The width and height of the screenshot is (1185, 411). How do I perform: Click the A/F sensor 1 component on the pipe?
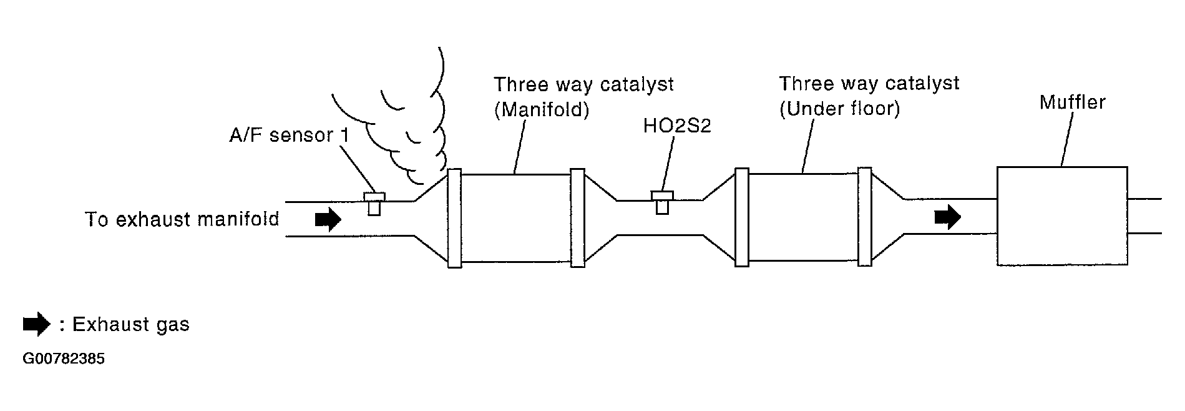374,202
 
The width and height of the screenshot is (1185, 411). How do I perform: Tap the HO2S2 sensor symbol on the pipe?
661,202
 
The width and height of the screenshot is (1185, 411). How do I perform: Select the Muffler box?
1061,216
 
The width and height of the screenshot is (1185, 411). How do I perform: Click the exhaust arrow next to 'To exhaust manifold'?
328,219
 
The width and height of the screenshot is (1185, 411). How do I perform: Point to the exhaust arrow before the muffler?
947,217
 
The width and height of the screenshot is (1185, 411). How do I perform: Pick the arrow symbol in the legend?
36,324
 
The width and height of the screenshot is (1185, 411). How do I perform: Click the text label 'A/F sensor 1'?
289,136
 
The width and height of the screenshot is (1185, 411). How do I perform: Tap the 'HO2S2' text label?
677,127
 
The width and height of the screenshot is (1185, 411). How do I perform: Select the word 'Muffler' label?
1072,102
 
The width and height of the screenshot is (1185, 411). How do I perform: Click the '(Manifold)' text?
542,110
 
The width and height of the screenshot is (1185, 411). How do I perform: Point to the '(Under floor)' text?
839,109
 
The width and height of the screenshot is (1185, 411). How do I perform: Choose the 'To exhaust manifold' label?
182,220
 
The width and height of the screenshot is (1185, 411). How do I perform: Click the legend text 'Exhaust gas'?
130,325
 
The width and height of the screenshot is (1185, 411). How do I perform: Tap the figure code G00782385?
64,359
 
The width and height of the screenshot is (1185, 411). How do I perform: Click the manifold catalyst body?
515,217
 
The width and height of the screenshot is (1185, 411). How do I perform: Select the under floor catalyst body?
802,217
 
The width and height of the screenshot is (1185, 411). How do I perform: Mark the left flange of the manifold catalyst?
454,218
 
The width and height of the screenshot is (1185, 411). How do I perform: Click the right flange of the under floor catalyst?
864,217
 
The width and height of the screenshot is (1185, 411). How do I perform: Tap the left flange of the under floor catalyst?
741,217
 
